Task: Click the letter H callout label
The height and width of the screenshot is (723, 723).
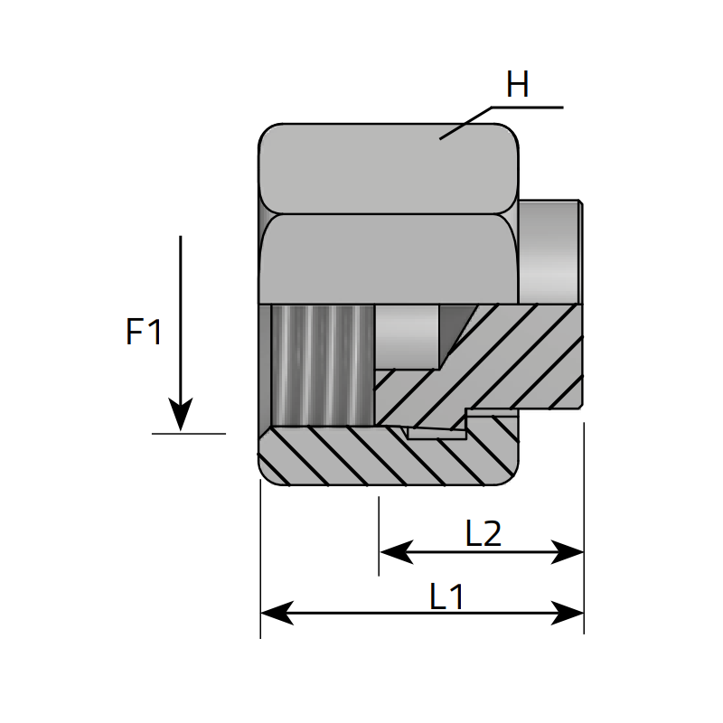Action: click(517, 87)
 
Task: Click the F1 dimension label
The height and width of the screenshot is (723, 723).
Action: click(145, 333)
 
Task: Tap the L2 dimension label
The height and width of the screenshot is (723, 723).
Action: click(484, 534)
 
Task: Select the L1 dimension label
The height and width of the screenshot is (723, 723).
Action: click(446, 596)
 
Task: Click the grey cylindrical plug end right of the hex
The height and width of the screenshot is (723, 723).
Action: click(549, 250)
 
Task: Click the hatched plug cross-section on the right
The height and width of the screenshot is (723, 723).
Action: click(515, 357)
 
